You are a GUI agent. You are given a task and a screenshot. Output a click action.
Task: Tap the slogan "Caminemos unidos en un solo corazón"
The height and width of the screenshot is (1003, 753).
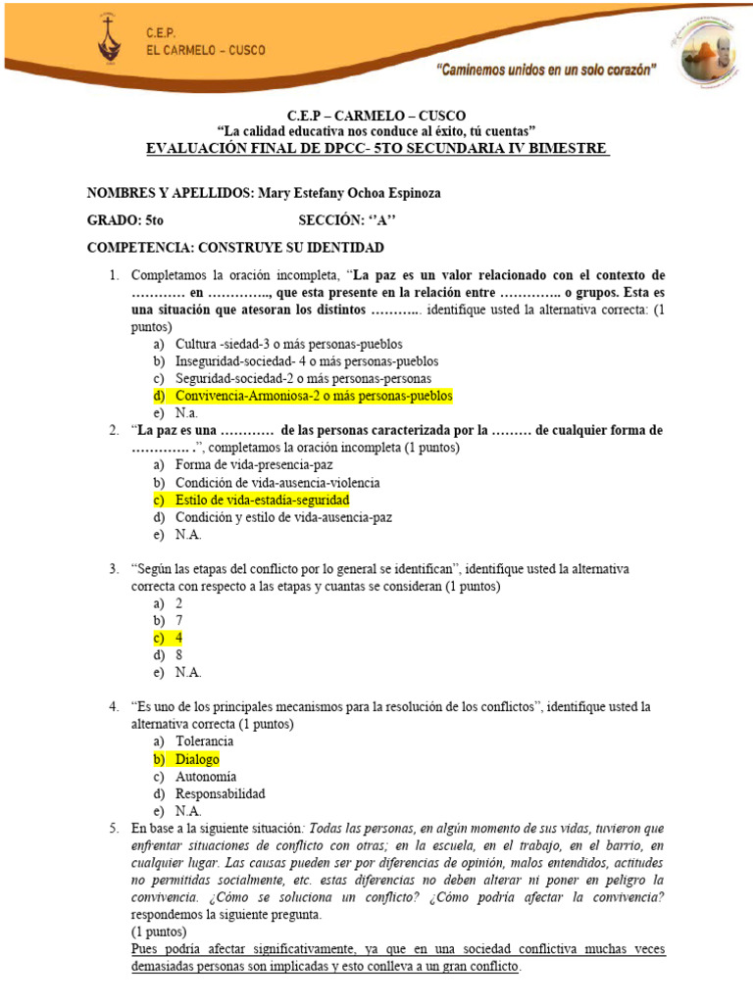point(546,70)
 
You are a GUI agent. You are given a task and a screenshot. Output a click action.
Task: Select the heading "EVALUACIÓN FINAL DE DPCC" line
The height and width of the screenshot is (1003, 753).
point(376,148)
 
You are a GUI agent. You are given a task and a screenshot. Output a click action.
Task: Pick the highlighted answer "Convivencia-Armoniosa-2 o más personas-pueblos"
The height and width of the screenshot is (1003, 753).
point(314,396)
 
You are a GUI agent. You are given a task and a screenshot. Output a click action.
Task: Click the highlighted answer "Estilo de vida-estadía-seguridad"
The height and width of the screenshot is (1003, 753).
point(262,500)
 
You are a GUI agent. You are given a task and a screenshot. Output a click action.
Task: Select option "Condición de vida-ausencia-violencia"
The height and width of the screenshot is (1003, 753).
point(277,483)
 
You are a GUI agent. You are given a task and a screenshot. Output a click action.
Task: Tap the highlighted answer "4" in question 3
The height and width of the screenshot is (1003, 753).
point(179,638)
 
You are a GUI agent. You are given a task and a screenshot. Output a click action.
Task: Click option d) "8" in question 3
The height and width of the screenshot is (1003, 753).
point(179,655)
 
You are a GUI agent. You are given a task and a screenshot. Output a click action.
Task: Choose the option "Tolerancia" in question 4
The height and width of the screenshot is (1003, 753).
point(204,741)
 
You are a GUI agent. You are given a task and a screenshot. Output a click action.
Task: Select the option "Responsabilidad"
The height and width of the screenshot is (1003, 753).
point(220,793)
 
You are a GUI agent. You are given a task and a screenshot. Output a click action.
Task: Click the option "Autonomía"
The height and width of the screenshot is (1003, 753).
point(206,777)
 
